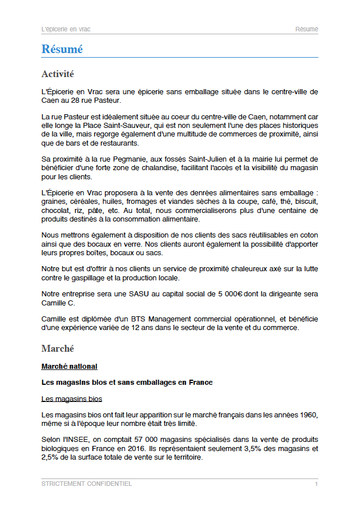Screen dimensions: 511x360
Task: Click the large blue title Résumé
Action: (62, 50)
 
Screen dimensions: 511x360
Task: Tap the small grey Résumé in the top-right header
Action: (306, 29)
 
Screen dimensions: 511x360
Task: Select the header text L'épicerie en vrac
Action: (66, 29)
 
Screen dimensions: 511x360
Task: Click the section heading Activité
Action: (58, 74)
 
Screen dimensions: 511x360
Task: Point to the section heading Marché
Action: (58, 348)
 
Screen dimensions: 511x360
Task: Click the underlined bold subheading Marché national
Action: (69, 366)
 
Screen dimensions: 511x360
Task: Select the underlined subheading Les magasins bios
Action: (72, 399)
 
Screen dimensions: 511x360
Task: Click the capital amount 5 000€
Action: (230, 295)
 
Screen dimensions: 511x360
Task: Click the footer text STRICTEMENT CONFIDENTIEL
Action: (87, 484)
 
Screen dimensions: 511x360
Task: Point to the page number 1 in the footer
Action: (316, 484)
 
